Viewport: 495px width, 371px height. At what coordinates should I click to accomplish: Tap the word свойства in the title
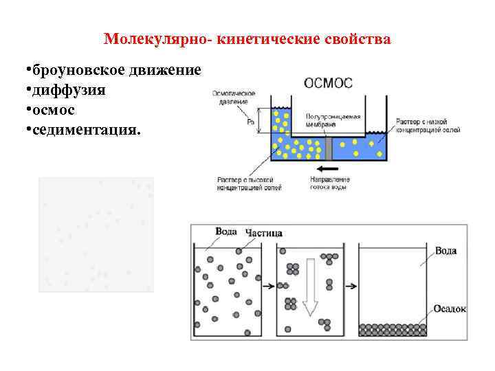tap(359, 39)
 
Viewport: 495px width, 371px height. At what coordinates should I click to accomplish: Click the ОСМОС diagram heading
tap(328, 83)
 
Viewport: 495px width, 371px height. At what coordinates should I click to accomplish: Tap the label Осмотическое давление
tap(234, 97)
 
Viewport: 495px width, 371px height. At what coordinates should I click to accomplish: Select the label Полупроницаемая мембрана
tap(330, 121)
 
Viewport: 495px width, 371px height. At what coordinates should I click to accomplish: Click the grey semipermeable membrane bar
tap(329, 148)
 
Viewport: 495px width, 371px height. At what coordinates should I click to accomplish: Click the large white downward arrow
tap(310, 286)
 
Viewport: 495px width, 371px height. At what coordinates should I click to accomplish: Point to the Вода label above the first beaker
tap(226, 232)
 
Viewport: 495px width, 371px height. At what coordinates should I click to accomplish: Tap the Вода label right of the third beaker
tap(445, 251)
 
